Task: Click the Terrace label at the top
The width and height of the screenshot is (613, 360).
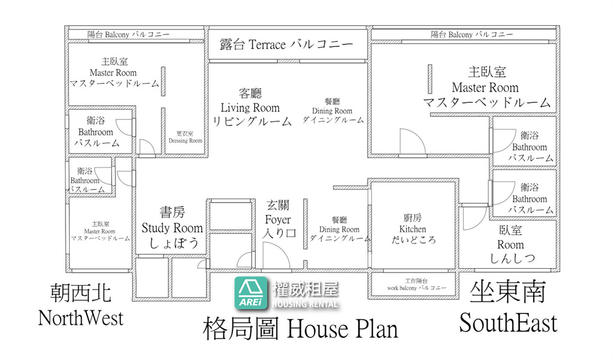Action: point(286,44)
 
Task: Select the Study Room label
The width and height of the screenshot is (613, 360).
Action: point(172,227)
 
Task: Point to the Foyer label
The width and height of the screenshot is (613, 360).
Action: point(279,219)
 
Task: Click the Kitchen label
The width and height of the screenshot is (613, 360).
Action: point(413,229)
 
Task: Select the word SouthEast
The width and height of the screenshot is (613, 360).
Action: point(508,323)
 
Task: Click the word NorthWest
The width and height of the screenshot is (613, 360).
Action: point(80,318)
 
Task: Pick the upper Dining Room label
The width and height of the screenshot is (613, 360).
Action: point(332,110)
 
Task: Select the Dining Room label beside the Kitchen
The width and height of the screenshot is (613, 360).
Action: point(339,229)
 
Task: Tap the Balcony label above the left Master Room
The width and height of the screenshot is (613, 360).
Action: point(128,34)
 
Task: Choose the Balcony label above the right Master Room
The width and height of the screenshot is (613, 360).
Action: point(472,34)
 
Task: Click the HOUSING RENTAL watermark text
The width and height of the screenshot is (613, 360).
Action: point(305,304)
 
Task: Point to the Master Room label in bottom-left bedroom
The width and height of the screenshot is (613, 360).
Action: point(100,231)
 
